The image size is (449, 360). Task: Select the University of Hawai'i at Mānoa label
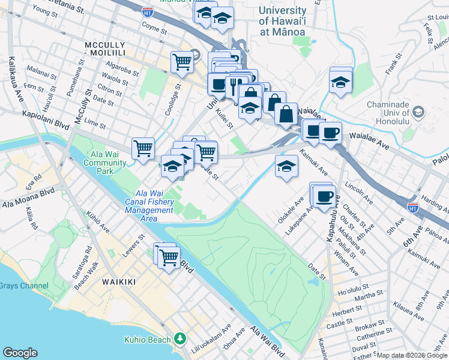click(x=281, y=21)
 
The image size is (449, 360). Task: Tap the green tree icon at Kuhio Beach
click(x=179, y=340)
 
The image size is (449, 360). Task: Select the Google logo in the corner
click(x=20, y=353)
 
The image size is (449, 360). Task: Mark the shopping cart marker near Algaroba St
click(x=182, y=61)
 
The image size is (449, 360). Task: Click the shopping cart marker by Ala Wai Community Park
click(x=143, y=148)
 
